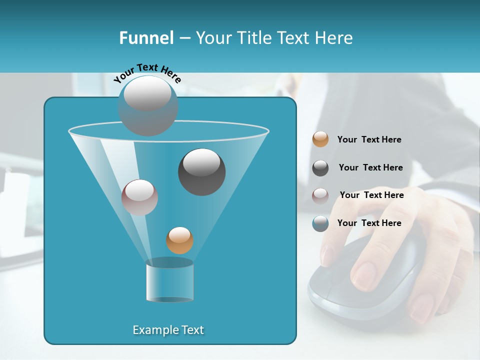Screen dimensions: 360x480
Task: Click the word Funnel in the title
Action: click(146, 38)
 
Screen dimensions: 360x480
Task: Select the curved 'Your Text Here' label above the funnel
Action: click(147, 72)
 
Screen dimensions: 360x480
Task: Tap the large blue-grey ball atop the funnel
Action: click(148, 105)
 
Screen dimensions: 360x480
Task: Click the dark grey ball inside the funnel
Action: click(201, 172)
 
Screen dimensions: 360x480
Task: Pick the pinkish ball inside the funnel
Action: click(139, 197)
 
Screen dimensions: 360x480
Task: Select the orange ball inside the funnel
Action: click(179, 240)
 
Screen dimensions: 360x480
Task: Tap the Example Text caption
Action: click(168, 330)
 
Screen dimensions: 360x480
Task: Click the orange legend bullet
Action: click(320, 139)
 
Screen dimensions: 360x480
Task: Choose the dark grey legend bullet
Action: click(320, 168)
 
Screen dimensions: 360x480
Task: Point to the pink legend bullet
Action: click(320, 195)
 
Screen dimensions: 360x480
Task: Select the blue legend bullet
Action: click(320, 223)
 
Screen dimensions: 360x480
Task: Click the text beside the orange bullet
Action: click(369, 139)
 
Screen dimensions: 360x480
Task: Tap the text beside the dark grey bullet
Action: click(370, 167)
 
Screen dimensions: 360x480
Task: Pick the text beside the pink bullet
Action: click(371, 195)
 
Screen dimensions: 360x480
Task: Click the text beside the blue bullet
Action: click(369, 223)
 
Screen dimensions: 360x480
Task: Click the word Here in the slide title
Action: click(334, 38)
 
